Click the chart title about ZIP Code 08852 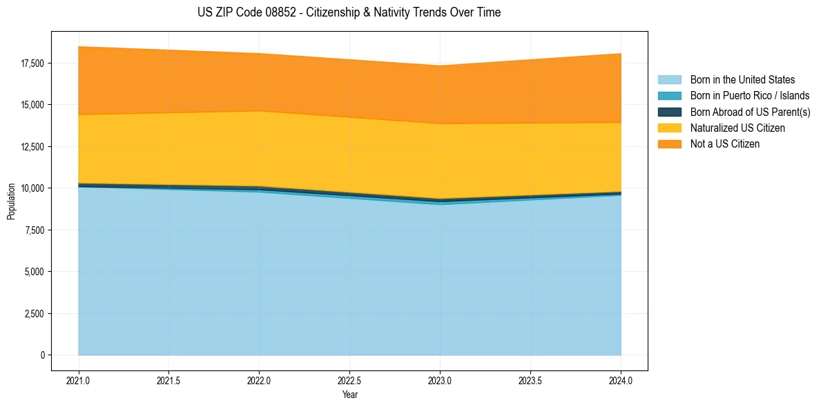click(349, 12)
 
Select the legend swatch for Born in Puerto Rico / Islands click(669, 96)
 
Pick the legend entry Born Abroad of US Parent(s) click(750, 112)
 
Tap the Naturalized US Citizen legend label click(737, 128)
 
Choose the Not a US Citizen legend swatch click(669, 144)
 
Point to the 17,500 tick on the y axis click(32, 63)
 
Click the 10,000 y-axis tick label click(32, 188)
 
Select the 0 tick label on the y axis click(42, 355)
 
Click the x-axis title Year click(349, 395)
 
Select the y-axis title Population click(11, 201)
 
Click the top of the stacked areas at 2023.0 click(440, 66)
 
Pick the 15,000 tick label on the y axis click(32, 105)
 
